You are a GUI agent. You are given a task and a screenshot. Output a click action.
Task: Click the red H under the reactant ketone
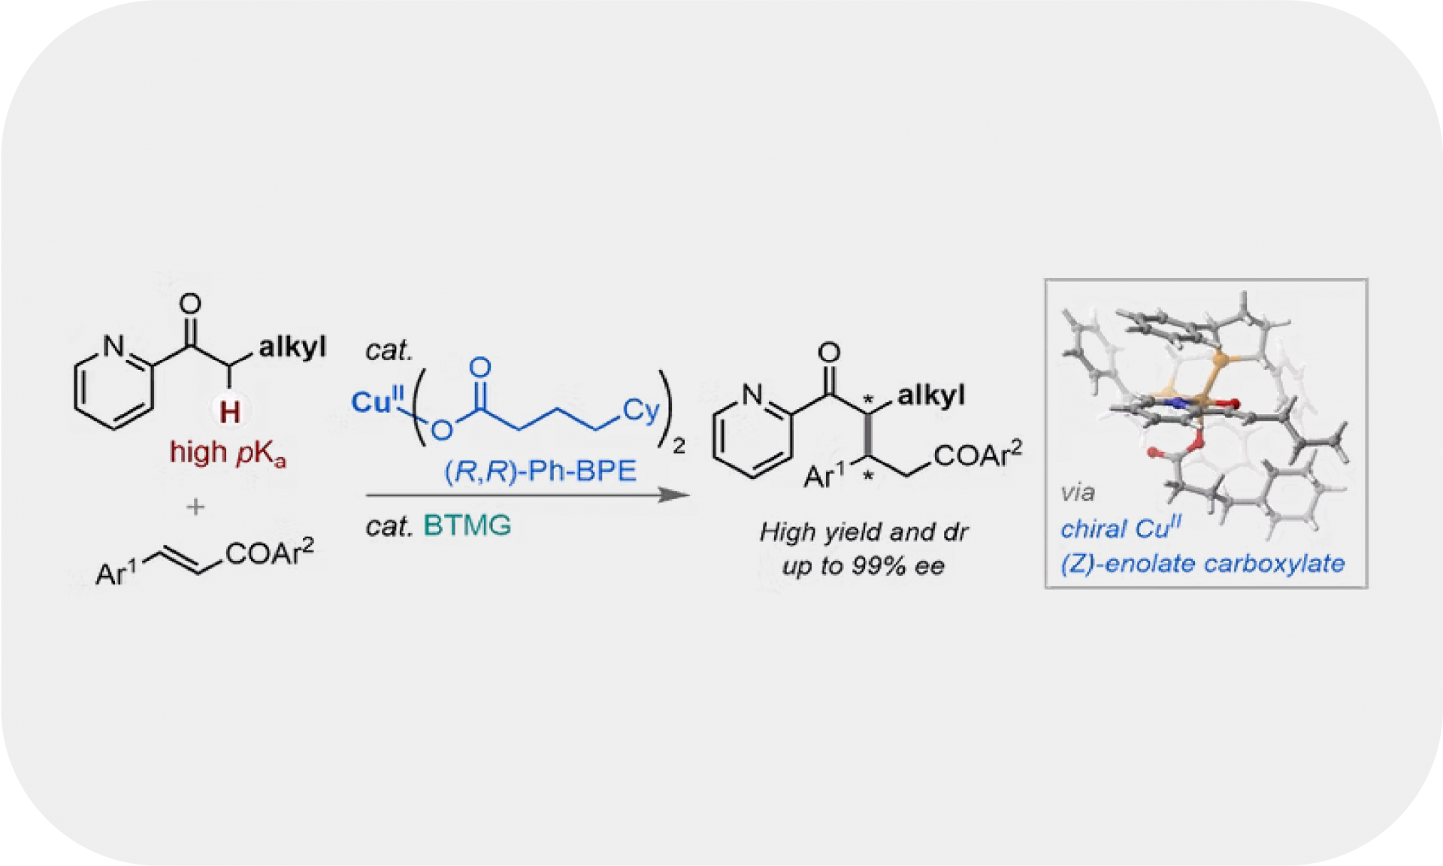point(230,412)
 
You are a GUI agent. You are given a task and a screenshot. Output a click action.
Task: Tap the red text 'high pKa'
point(228,453)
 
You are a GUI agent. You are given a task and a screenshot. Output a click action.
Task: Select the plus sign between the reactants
point(195,507)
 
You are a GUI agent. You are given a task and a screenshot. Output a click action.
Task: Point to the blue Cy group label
point(640,410)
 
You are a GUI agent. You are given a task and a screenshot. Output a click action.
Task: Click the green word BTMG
point(467,525)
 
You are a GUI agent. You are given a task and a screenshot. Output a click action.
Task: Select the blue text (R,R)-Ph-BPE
point(540,471)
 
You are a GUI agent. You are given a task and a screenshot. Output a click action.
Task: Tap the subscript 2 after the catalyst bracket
point(679,447)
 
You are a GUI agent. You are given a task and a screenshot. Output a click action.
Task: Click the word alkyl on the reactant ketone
point(292,347)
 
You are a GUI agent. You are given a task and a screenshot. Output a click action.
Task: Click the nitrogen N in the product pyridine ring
point(752,394)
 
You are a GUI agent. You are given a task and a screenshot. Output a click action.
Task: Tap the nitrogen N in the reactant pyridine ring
point(113,346)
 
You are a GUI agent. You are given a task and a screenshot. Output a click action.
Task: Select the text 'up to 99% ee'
point(863,565)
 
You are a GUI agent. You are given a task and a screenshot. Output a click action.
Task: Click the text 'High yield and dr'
point(864,532)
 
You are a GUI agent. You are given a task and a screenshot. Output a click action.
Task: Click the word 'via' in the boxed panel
point(1077,493)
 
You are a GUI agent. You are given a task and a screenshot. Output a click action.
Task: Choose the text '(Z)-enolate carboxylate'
point(1202,563)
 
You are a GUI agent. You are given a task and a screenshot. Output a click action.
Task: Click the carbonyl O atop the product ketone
point(829,353)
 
